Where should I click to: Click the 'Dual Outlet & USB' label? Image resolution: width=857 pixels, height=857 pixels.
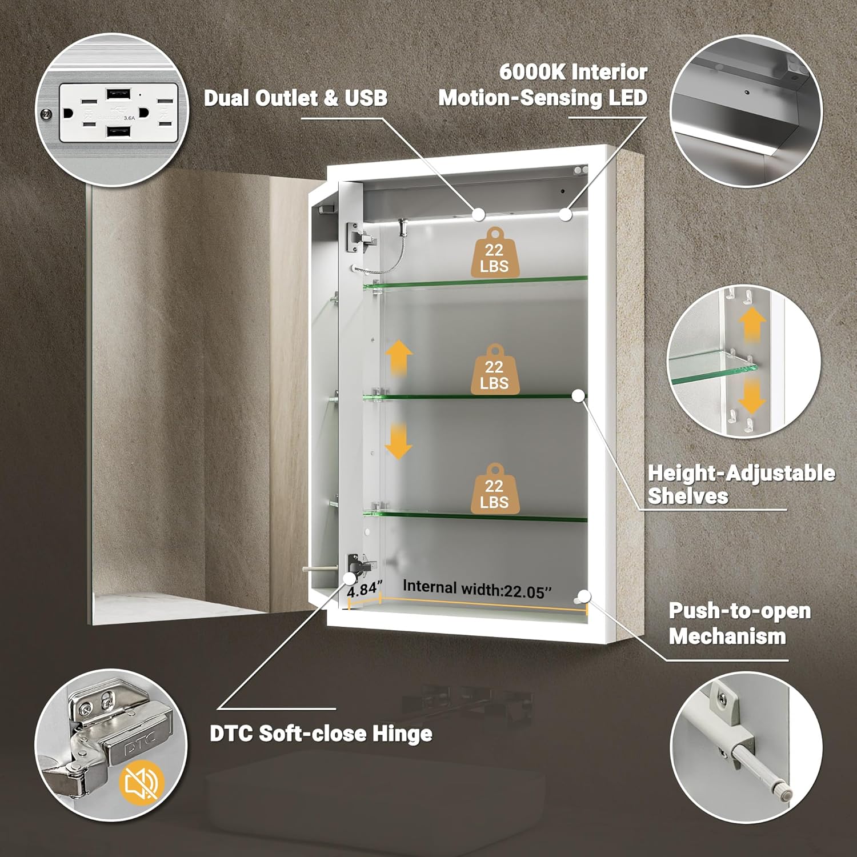(295, 98)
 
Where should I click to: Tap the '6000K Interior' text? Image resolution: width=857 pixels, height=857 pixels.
(573, 73)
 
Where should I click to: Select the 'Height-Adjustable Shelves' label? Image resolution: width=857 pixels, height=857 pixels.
(740, 484)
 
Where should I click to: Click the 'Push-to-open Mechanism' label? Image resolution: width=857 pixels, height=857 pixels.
(739, 623)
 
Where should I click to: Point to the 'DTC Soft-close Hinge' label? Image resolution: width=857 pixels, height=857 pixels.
(321, 734)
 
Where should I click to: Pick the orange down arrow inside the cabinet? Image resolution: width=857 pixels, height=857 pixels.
(398, 441)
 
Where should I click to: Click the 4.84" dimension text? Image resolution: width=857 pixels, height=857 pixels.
(365, 588)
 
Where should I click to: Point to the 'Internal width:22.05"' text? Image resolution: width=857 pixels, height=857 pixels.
(477, 589)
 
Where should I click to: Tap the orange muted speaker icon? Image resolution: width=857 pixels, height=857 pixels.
(142, 783)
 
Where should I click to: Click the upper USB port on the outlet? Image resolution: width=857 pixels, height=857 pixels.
(119, 93)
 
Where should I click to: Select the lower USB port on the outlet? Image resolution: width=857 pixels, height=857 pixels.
(119, 133)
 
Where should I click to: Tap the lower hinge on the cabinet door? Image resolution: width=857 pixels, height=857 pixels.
(358, 566)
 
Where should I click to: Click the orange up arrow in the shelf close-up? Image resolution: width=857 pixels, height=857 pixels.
(752, 325)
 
